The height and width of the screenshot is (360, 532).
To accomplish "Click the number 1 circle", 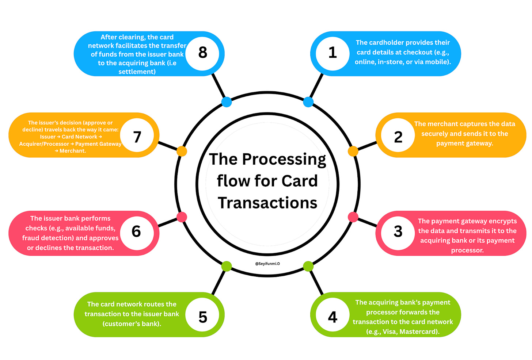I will (332, 53).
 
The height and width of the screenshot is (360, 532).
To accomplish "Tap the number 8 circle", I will (202, 53).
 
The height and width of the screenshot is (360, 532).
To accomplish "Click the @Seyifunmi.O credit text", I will (267, 264).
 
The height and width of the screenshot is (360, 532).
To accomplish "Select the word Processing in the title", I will (284, 160).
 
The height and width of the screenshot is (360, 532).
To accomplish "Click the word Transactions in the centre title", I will (267, 203).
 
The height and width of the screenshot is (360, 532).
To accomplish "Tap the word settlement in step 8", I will (137, 72).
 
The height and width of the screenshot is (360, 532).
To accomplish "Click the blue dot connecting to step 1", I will (308, 102).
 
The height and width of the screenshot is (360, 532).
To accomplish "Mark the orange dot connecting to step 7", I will (182, 151).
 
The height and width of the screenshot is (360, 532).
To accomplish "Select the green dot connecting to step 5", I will (227, 266).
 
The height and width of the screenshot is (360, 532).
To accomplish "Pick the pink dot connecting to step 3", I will (353, 217).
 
